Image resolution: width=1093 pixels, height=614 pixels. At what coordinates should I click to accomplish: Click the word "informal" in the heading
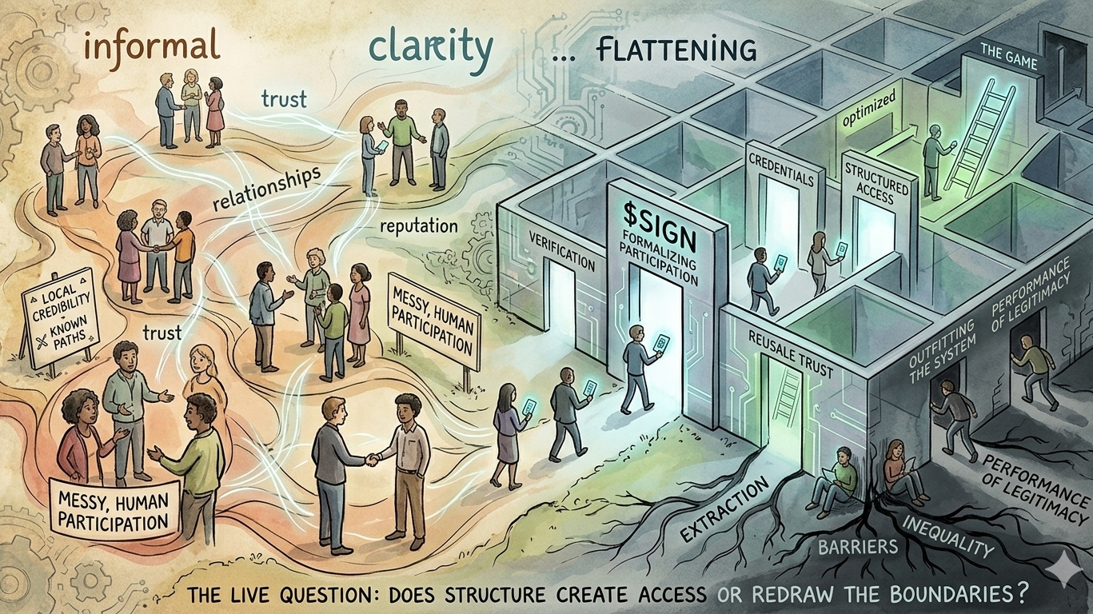tap(151, 46)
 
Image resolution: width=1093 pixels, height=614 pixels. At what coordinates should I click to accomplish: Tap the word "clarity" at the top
tap(430, 48)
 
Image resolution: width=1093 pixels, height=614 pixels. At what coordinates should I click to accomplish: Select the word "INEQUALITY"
tap(947, 536)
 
